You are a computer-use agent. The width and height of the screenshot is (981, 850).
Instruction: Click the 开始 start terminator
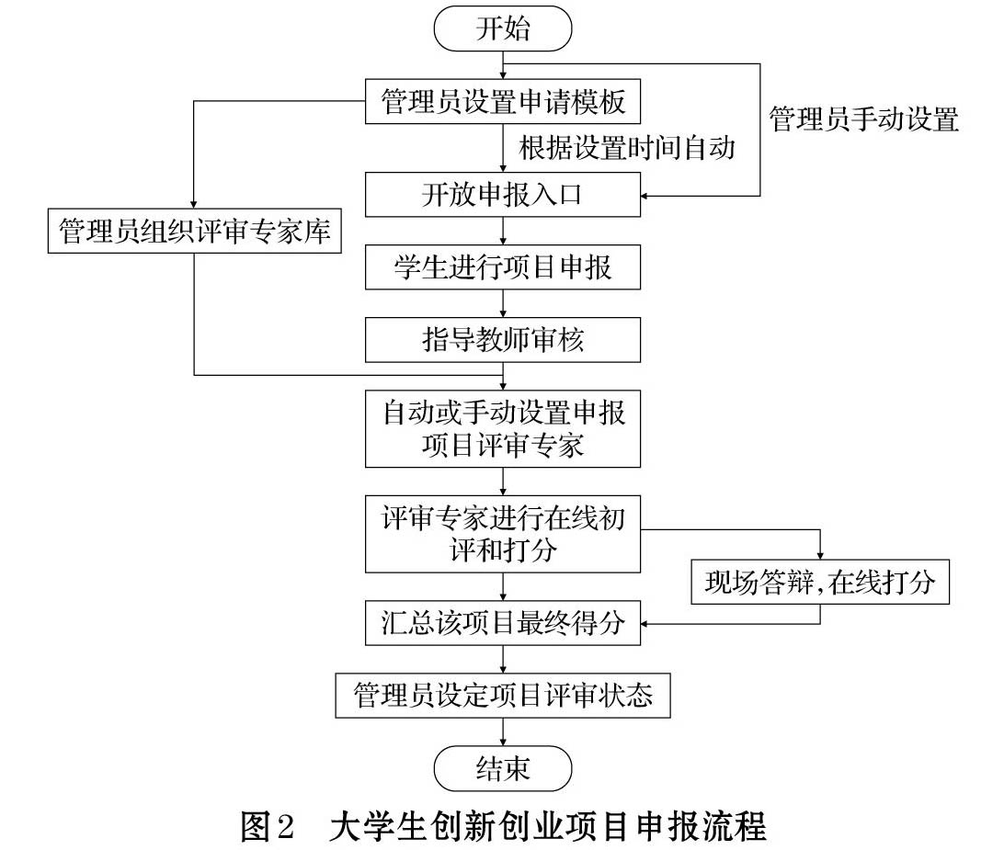[x=502, y=28]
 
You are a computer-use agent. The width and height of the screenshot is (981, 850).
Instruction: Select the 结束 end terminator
[x=502, y=768]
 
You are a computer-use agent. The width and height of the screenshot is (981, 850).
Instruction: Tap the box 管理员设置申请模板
[x=502, y=101]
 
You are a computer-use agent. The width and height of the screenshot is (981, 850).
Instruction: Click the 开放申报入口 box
[x=502, y=195]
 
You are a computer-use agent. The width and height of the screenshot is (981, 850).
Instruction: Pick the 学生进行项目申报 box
[x=502, y=267]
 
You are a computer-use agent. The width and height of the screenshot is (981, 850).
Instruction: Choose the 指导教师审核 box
[x=502, y=340]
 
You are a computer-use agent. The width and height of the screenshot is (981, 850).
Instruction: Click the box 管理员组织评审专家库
[x=195, y=231]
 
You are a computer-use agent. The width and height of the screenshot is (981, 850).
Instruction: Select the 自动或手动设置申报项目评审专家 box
[x=502, y=428]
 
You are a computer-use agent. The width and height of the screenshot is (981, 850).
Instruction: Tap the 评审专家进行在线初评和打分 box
[x=502, y=534]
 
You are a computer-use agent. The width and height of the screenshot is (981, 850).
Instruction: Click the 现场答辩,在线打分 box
[x=819, y=582]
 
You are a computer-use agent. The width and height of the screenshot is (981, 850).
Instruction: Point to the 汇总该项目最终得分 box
[x=502, y=623]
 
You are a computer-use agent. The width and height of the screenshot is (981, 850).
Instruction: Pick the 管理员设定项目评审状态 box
[x=502, y=696]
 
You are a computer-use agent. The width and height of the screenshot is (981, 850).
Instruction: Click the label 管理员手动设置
[x=863, y=119]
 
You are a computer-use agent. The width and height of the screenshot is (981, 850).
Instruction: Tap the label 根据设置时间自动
[x=627, y=148]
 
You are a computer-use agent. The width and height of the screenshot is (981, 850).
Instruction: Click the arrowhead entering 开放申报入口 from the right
[x=645, y=196]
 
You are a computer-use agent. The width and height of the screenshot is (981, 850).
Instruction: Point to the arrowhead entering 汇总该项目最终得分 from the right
[x=645, y=624]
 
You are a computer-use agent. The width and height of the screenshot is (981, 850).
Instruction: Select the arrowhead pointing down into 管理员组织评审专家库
[x=194, y=205]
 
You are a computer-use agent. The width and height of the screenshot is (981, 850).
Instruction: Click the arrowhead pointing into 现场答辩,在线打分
[x=820, y=555]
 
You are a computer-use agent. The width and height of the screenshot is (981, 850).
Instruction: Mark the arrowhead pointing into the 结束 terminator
[x=503, y=742]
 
